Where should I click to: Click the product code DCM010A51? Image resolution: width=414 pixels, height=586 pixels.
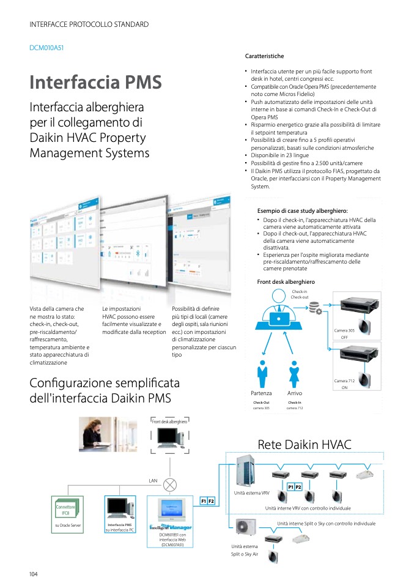46,47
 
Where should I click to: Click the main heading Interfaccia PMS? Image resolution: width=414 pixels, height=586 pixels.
95,82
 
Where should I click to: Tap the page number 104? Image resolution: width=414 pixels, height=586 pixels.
34,573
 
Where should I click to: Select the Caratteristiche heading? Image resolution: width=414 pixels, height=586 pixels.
264,56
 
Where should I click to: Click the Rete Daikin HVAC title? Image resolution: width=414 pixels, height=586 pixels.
305,444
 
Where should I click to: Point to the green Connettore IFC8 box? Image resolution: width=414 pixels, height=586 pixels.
65,510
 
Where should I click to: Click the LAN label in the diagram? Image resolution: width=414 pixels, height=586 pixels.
153,481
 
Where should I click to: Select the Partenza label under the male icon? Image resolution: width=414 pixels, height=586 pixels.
261,393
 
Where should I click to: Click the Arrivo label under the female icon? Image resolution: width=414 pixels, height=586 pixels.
294,393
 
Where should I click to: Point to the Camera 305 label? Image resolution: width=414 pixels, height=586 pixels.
344,330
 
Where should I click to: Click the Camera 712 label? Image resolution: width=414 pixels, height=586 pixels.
344,381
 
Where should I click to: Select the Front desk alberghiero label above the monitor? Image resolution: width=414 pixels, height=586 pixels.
170,421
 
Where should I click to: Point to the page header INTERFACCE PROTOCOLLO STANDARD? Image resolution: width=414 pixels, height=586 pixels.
89,24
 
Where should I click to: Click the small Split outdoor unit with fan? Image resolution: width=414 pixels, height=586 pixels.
246,527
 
